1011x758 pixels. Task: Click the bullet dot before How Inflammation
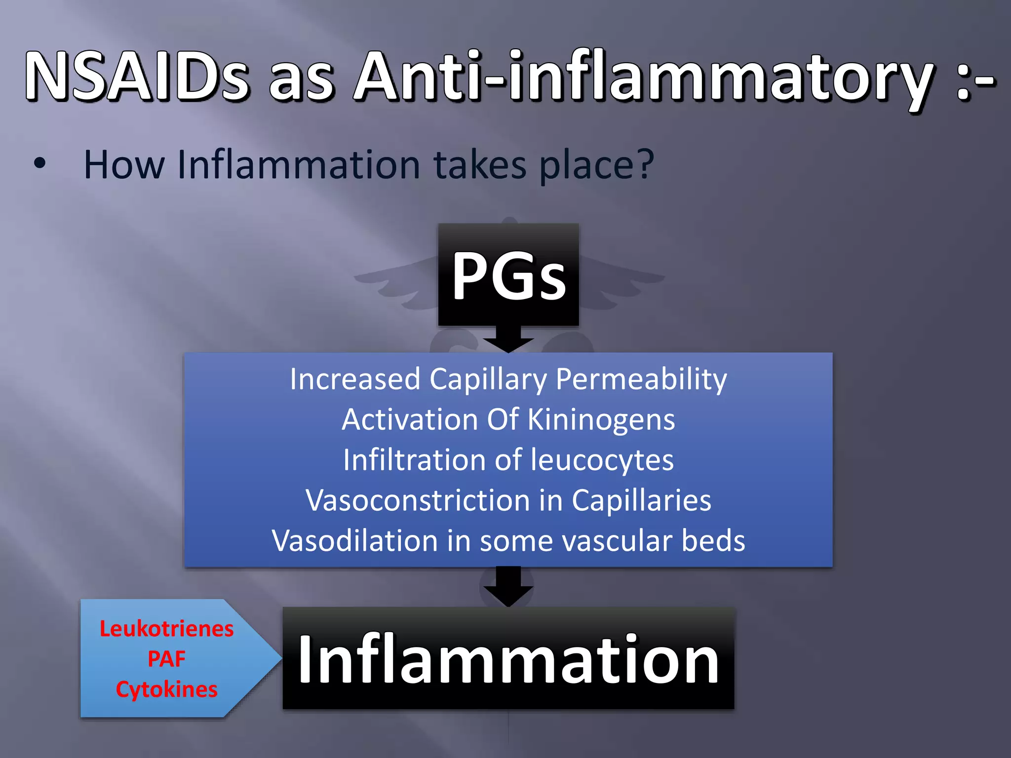40,163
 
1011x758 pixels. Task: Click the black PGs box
508,274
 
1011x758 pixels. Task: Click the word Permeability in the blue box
641,379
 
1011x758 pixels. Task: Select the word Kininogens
601,420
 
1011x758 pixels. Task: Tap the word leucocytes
602,460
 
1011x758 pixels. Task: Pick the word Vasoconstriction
418,500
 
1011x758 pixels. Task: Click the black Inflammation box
508,659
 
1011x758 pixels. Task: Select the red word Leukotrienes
166,629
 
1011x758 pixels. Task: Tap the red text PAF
166,659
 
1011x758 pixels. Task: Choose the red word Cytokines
166,689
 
